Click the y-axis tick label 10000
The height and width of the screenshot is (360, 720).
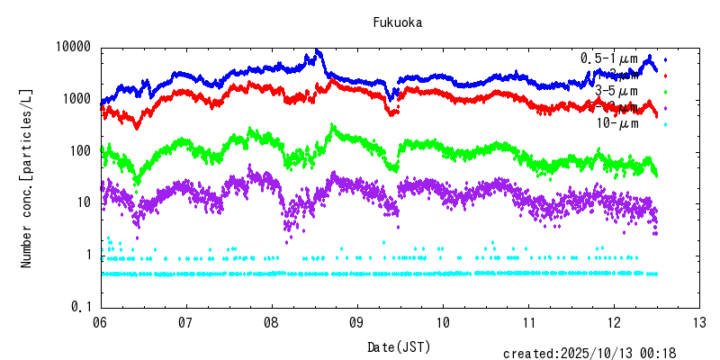coord(72,47)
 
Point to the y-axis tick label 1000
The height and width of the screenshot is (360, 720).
coord(76,99)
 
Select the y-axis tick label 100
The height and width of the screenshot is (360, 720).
coord(79,151)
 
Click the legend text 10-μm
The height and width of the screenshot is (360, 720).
coord(617,123)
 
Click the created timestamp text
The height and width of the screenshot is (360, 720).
coord(589,354)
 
